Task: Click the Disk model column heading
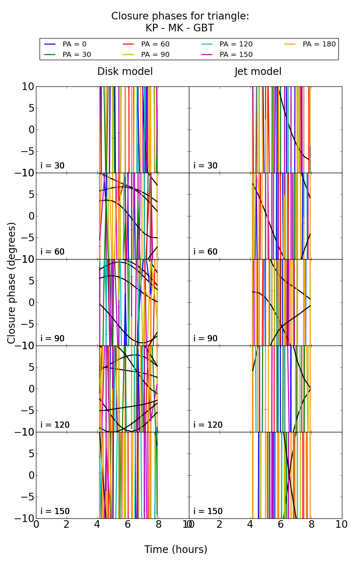coord(125,72)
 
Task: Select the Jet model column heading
coord(258,72)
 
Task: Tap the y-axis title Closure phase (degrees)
coord(12,283)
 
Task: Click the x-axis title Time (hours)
coord(176,550)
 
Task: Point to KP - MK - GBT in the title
coord(180,28)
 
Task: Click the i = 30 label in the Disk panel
coord(53,166)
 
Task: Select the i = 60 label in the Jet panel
coord(206,252)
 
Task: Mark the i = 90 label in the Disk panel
coord(53,338)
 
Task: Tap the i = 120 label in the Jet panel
coord(208,425)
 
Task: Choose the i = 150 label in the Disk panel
coord(55,511)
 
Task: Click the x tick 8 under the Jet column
coord(311,525)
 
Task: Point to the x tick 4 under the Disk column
coord(97,525)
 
